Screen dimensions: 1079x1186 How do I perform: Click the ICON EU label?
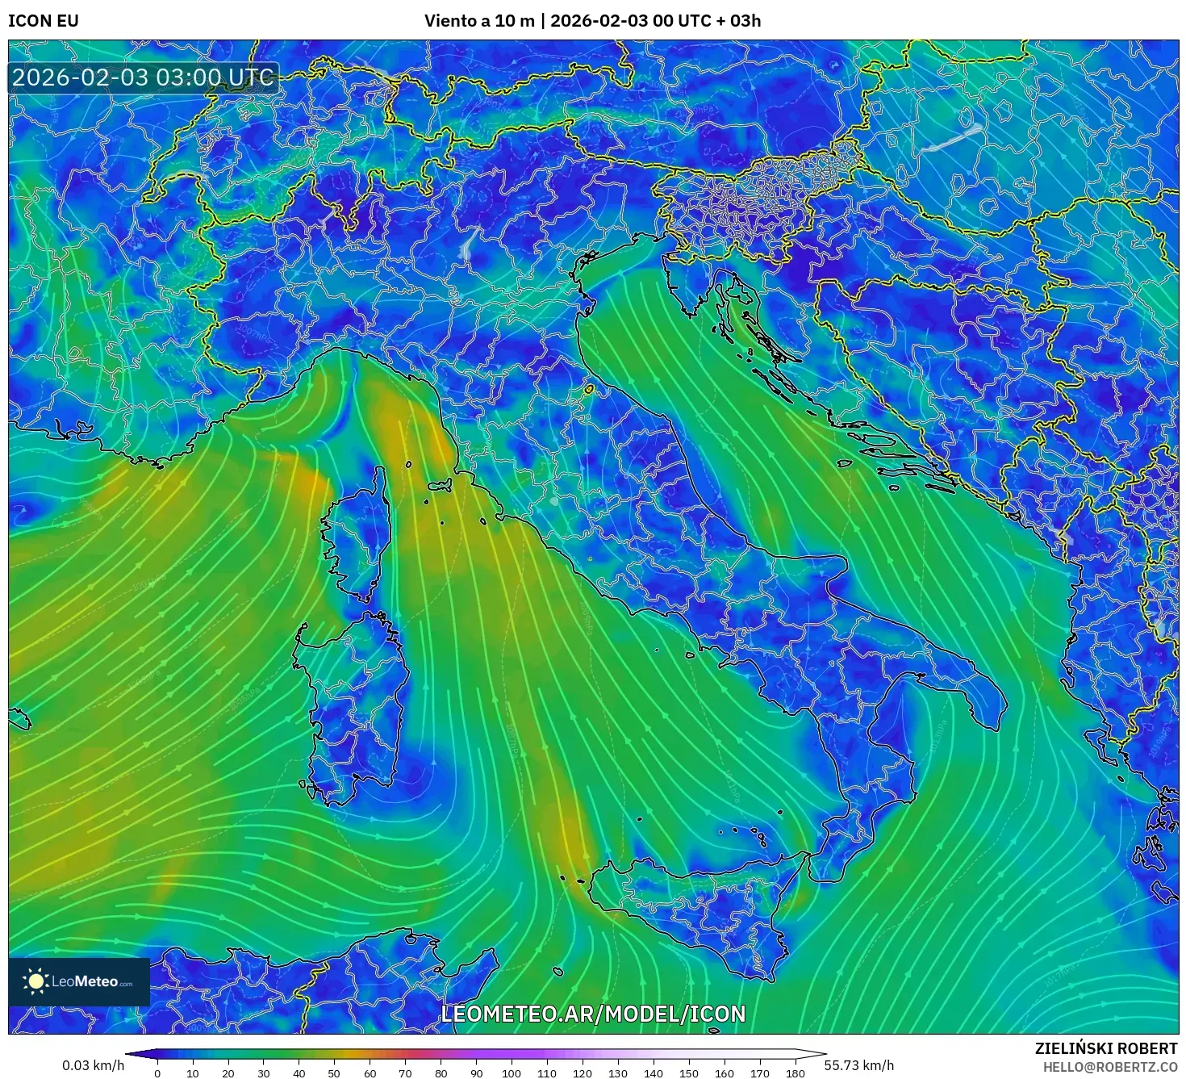pos(44,21)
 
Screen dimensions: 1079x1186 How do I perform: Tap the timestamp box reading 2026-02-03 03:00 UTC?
pos(143,78)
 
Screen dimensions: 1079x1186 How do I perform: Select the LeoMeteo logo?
pos(79,981)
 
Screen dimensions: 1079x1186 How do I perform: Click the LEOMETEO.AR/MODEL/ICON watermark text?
pos(593,1014)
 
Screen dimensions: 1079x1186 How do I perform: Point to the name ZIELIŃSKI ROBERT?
pos(1106,1048)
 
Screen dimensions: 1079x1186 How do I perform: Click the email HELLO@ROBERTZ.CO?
pos(1110,1067)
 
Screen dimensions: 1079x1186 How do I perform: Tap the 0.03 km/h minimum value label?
pos(93,1065)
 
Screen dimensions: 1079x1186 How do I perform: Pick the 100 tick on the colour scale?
pos(512,1073)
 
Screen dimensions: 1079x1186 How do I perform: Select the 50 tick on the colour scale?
pos(334,1073)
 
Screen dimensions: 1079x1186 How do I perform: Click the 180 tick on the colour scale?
pos(796,1073)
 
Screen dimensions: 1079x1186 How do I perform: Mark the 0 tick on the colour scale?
pos(157,1073)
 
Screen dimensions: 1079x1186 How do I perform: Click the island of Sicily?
pos(694,912)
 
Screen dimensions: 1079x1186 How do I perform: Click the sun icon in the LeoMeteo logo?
pos(35,981)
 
